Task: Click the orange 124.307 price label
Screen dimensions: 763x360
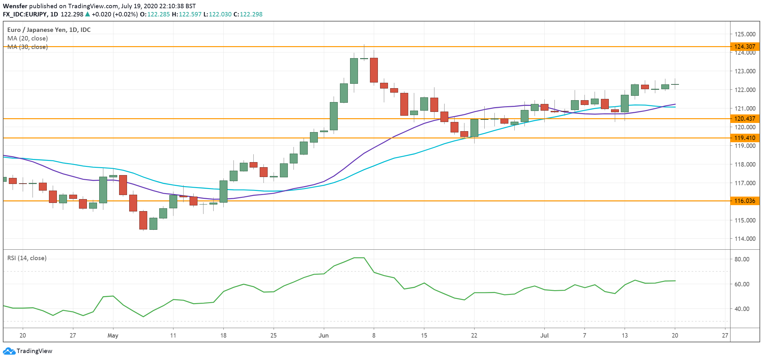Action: (744, 46)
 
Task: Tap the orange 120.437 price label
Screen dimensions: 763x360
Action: (744, 119)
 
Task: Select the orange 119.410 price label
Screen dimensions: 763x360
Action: (744, 138)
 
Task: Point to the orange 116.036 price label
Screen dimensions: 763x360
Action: (744, 201)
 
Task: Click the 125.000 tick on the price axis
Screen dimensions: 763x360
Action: (745, 34)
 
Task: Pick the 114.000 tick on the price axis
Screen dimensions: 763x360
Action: (745, 239)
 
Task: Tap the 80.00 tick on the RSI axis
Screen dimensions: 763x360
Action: (742, 259)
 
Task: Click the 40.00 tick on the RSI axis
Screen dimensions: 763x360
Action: (742, 309)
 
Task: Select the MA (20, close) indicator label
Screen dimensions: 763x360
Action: (27, 38)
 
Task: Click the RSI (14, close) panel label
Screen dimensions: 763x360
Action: (27, 258)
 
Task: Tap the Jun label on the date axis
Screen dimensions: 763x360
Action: (324, 335)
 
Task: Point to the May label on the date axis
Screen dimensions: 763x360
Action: (113, 335)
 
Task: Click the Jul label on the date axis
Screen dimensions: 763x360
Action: (544, 335)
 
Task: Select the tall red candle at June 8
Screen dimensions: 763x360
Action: (374, 70)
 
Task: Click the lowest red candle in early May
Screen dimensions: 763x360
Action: (143, 220)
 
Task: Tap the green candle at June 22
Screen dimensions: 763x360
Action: (474, 128)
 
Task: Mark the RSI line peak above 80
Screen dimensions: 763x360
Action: (359, 258)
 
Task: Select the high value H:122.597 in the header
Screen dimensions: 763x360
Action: (186, 14)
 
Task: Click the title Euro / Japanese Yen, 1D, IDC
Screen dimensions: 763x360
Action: (49, 30)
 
